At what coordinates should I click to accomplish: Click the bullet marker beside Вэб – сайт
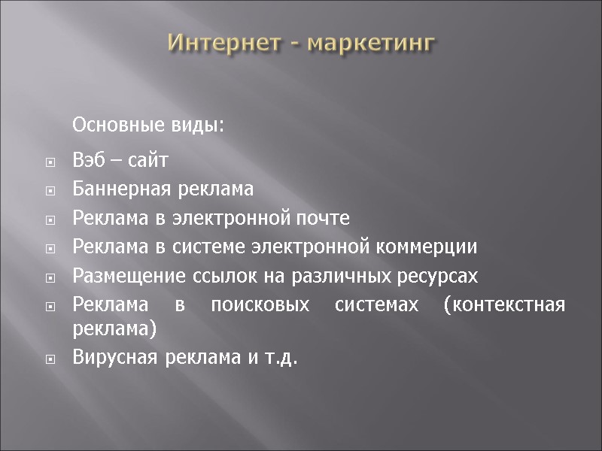point(50,162)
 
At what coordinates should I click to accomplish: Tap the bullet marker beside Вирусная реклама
point(50,359)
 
